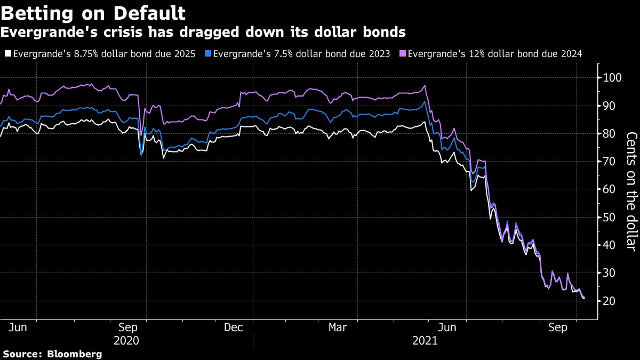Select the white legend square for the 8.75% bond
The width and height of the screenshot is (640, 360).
[7, 53]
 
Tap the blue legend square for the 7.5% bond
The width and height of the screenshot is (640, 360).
[208, 53]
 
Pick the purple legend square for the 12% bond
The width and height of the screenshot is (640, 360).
[403, 53]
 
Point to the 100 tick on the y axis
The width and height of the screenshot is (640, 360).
[611, 78]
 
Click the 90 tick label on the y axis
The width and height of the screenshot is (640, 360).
[609, 106]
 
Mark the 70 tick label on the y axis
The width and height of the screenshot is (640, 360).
[609, 162]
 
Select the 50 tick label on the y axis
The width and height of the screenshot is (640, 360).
[609, 217]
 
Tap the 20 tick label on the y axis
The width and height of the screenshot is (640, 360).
[609, 301]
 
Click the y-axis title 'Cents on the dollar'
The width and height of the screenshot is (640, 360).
[631, 191]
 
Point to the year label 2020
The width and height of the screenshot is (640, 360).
[126, 340]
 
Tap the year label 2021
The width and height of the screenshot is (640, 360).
[425, 340]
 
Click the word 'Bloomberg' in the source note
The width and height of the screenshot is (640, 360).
[75, 354]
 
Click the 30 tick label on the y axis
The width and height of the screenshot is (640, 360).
[609, 273]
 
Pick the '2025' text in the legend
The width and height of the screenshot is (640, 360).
[185, 53]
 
